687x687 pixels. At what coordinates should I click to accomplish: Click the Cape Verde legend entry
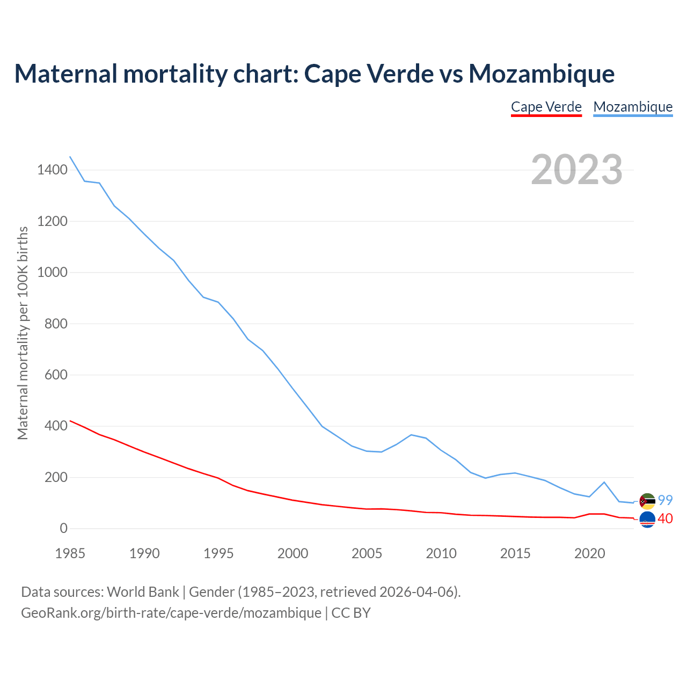[546, 107]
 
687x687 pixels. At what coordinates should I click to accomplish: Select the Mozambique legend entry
[633, 107]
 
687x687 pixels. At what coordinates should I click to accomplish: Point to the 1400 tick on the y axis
[52, 170]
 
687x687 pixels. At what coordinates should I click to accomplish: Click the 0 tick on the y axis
[64, 529]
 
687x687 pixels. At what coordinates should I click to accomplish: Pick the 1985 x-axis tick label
[70, 553]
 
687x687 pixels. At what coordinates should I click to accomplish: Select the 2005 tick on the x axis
[367, 553]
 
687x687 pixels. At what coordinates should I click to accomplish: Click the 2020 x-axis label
[589, 553]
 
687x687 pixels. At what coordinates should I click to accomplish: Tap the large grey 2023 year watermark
[576, 170]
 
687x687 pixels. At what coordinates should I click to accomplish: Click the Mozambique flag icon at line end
[647, 501]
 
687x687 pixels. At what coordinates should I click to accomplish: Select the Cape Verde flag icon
[647, 519]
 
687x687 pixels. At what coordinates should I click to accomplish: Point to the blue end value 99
[665, 500]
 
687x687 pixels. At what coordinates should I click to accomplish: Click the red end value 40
[665, 519]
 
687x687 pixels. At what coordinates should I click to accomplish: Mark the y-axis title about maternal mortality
[23, 333]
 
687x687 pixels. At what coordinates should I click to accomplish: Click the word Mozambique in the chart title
[541, 74]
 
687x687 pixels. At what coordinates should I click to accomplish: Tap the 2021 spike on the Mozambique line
[604, 482]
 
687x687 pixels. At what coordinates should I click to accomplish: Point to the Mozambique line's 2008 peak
[411, 435]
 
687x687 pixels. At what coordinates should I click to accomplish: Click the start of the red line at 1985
[70, 421]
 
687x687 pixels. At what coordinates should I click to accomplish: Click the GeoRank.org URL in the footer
[171, 612]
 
